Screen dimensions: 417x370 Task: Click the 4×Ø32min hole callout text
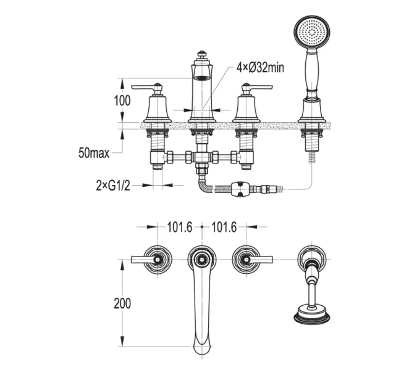[x=260, y=67]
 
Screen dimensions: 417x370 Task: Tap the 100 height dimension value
[x=122, y=101]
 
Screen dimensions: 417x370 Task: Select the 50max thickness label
[x=94, y=153]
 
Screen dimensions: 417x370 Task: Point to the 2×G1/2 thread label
[x=113, y=186]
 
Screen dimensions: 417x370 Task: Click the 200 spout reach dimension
[x=122, y=303]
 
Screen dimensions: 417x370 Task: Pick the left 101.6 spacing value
[x=180, y=227]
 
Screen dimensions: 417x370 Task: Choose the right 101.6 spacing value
[x=224, y=227]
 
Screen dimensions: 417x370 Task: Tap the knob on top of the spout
[x=202, y=54]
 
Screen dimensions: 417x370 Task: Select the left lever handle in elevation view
[x=147, y=87]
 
